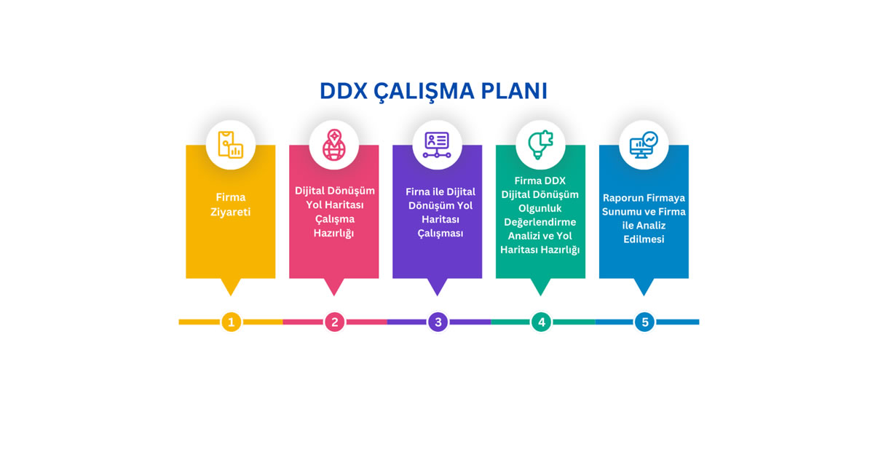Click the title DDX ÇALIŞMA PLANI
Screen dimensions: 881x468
433,92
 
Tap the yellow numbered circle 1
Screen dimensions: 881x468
232,322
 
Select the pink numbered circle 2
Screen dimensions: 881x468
335,322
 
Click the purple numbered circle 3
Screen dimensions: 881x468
438,322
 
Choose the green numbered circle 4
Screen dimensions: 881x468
542,322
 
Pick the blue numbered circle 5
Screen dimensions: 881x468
644,322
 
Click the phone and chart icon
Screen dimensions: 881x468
231,145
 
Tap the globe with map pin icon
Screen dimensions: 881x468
334,145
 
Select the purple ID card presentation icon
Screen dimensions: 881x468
437,145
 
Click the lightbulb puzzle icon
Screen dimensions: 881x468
540,145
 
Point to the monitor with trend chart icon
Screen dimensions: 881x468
644,145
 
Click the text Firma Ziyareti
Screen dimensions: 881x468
231,205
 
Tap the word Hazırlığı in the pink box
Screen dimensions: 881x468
333,233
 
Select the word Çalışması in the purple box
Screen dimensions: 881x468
440,233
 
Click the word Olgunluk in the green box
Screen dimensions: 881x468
540,208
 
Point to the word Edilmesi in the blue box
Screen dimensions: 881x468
644,239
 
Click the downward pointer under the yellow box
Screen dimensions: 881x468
231,287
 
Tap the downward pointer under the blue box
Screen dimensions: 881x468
644,287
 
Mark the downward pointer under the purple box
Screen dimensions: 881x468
437,287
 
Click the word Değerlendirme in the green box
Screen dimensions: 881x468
540,222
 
